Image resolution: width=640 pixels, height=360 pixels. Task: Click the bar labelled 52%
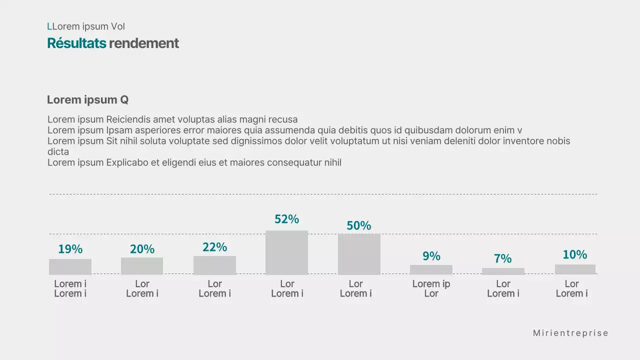[286, 252]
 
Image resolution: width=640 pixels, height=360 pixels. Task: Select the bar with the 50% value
[359, 254]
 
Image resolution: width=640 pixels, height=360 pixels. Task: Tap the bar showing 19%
[70, 266]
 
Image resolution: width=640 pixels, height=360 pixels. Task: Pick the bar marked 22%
[214, 265]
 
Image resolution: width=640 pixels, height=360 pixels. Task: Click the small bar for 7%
[503, 271]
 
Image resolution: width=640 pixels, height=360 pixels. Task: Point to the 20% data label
[142, 249]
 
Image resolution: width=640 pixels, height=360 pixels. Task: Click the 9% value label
[431, 256]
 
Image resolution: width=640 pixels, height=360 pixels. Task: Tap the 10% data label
[574, 254]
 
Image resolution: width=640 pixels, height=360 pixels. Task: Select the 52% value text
[286, 219]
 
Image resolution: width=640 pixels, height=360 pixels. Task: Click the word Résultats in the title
[76, 43]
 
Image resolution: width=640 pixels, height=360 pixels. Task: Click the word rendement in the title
[143, 43]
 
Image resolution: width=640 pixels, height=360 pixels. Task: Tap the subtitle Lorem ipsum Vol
[86, 26]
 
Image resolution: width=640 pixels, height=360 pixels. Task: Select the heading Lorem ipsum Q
[87, 99]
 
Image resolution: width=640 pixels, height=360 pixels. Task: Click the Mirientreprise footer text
[570, 333]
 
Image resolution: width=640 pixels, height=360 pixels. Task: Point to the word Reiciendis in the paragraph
[128, 119]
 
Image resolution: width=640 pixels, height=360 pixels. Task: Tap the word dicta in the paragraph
[58, 151]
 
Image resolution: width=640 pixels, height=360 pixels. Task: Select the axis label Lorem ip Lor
[431, 288]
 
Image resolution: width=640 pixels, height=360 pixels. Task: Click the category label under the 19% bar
[70, 288]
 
